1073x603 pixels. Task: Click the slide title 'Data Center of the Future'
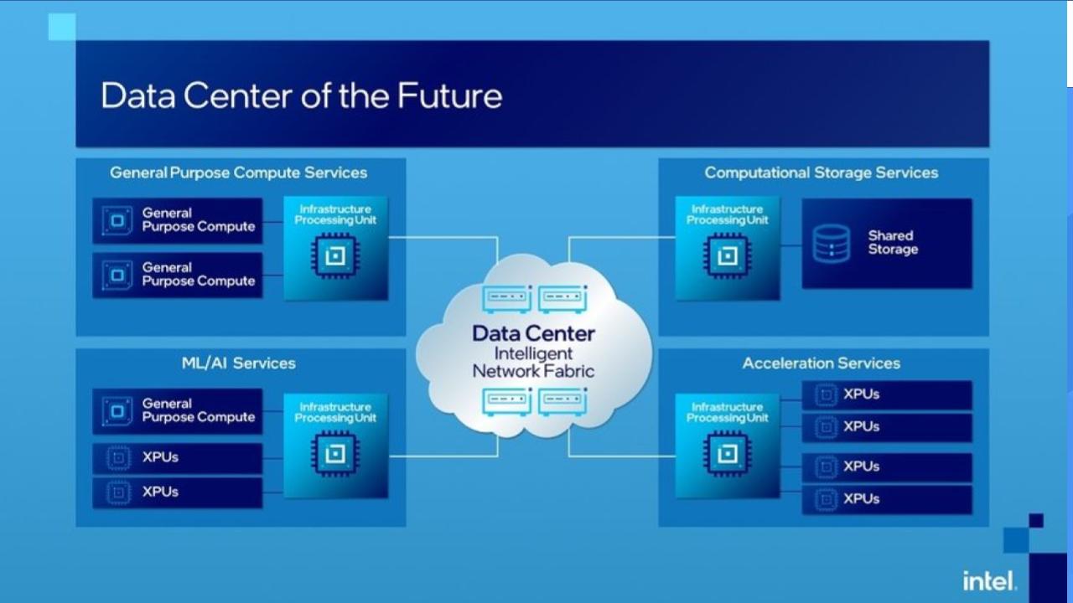(301, 95)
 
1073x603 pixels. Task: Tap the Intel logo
(990, 580)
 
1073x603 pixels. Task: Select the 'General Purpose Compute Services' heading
(239, 173)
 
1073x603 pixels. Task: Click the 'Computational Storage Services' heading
(822, 173)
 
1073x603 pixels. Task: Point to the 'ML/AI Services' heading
(239, 363)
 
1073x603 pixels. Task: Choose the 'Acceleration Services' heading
(822, 363)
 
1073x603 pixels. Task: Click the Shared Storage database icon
(832, 243)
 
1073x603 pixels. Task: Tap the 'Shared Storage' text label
(892, 243)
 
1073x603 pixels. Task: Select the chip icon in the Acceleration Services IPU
(728, 453)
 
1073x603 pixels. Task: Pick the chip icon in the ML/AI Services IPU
(335, 453)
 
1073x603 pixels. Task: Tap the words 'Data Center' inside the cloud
(533, 333)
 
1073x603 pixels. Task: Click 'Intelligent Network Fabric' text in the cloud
(533, 362)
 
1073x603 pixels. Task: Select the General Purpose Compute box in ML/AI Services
(178, 410)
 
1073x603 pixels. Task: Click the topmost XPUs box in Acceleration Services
(887, 394)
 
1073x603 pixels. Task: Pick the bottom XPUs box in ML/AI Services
(178, 492)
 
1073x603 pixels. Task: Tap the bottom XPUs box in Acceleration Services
(887, 499)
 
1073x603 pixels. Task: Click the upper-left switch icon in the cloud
(506, 298)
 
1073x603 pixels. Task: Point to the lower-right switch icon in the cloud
(562, 402)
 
